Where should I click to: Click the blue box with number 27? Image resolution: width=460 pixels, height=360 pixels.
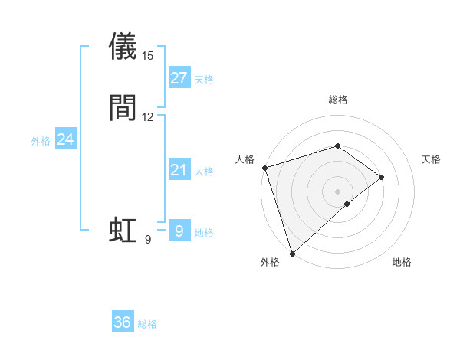click(179, 78)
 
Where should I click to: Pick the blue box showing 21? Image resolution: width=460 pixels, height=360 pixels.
click(179, 170)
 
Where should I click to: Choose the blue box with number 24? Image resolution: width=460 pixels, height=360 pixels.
click(66, 139)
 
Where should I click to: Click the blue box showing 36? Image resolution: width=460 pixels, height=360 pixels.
click(123, 322)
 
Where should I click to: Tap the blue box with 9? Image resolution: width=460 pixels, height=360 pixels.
click(179, 231)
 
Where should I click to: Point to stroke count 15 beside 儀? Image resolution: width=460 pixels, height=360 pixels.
click(148, 56)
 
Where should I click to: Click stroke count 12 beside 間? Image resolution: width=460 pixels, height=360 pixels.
click(148, 117)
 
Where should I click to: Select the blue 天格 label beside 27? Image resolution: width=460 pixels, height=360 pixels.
click(204, 80)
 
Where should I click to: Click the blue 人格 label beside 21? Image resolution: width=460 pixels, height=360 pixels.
click(204, 172)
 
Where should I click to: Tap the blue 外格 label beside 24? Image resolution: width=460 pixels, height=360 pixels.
click(41, 141)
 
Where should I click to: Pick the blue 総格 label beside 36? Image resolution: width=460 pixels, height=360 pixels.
click(147, 324)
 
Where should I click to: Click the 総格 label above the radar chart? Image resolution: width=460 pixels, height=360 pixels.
click(338, 100)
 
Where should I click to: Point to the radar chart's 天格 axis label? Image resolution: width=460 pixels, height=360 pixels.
click(432, 159)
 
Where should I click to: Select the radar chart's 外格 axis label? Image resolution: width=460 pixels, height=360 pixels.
click(270, 263)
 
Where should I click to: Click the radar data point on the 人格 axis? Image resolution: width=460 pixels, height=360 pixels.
click(264, 167)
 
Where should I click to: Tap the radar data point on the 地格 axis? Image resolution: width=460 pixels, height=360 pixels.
click(347, 204)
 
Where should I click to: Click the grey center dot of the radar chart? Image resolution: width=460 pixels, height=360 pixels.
click(338, 191)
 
